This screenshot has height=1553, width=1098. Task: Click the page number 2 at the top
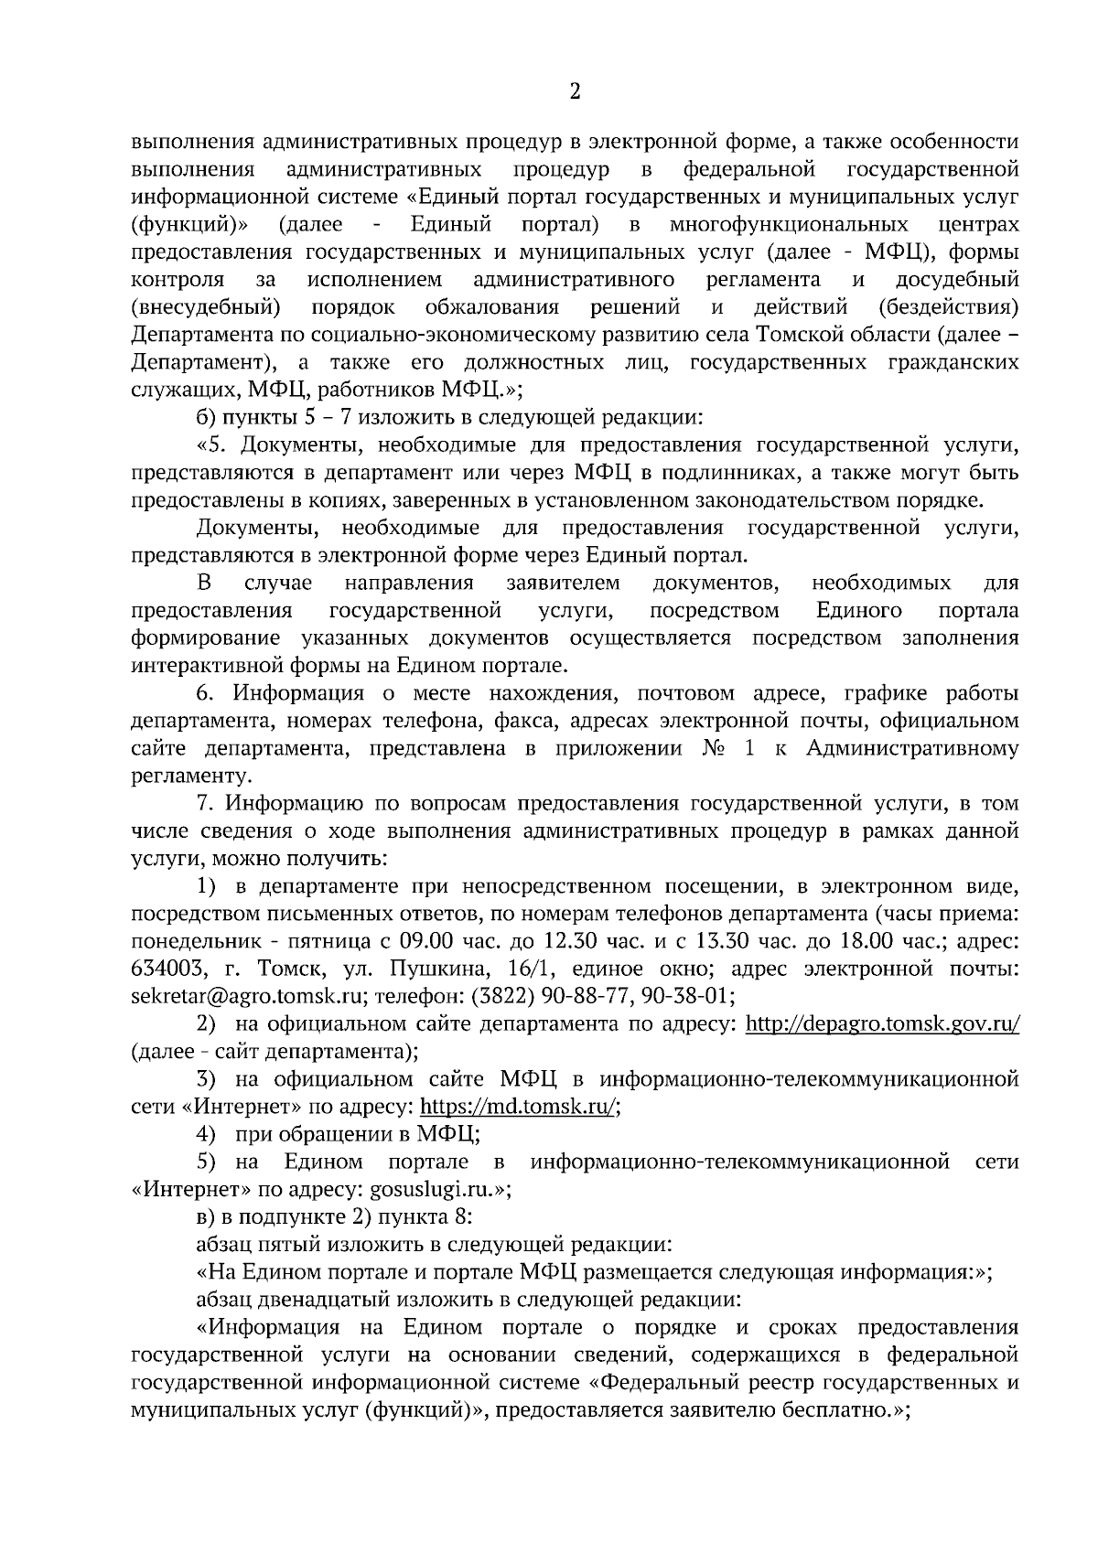coord(576,91)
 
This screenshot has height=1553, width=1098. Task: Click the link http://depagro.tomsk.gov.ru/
coord(882,1024)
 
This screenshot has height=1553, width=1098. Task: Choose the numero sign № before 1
coord(713,749)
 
